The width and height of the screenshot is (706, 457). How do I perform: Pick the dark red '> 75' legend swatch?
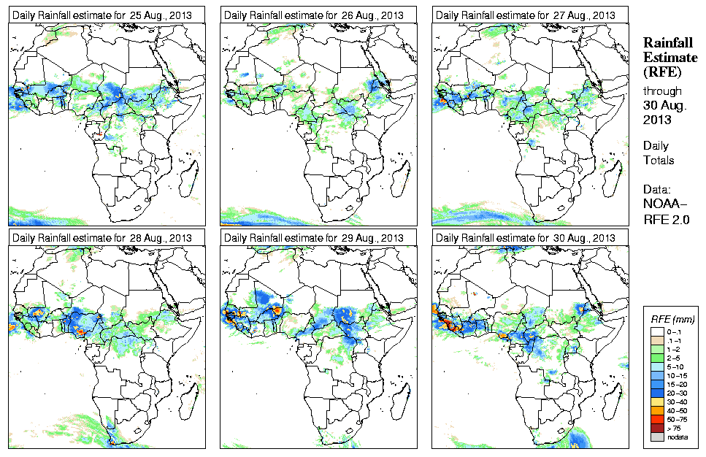point(656,429)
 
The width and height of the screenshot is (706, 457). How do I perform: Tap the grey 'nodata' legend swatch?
point(656,437)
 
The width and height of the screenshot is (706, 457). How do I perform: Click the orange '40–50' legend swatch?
point(656,411)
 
